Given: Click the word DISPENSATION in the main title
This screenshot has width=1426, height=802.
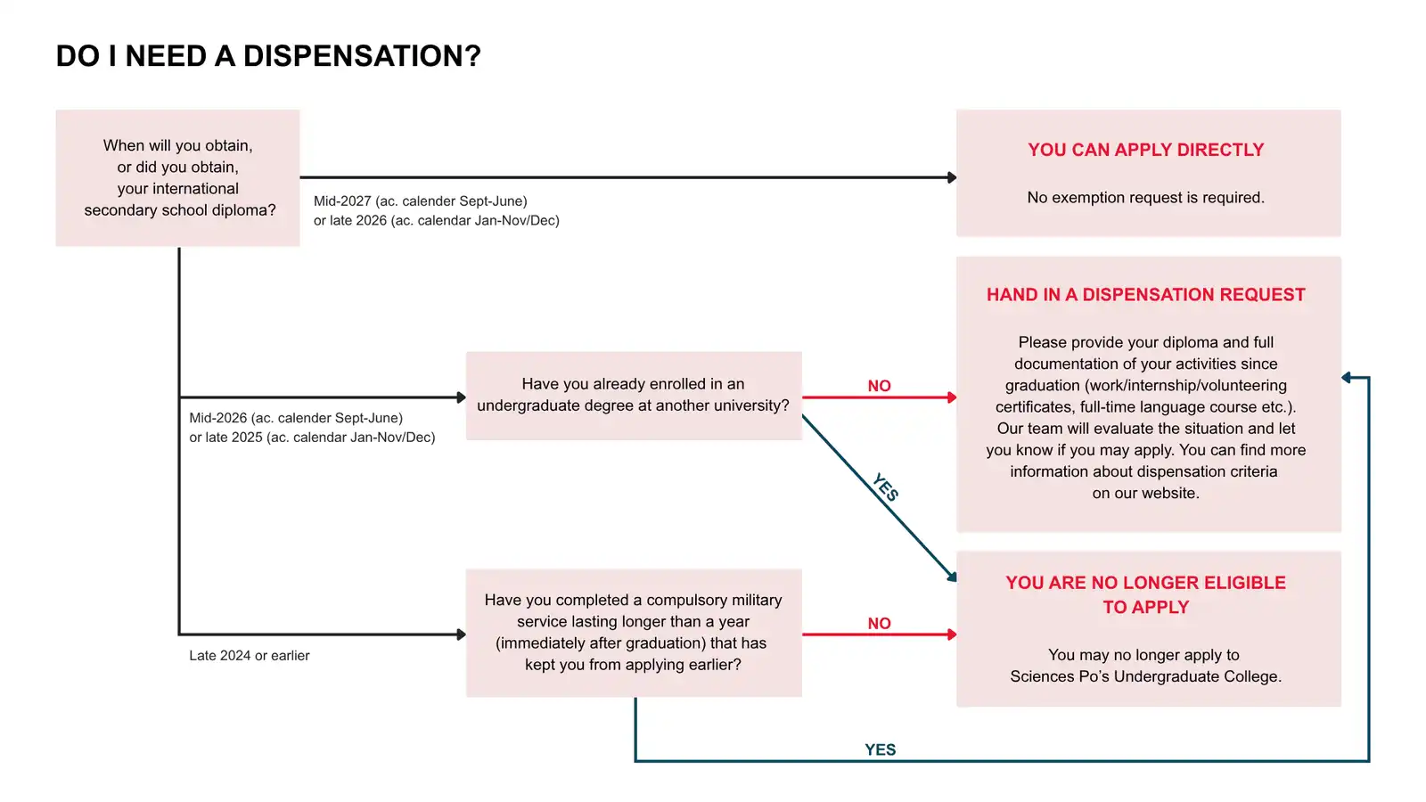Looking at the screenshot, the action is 362,56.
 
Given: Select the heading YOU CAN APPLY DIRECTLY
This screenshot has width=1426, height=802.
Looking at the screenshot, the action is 1146,151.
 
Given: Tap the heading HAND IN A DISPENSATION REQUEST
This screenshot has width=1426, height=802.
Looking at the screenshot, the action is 1146,295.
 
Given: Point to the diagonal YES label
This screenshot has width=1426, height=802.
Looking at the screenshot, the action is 886,487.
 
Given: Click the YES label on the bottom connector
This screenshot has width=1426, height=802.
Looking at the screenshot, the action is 880,749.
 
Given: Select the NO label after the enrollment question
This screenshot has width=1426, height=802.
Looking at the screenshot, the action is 879,386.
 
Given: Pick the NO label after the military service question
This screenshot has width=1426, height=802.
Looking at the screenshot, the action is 879,623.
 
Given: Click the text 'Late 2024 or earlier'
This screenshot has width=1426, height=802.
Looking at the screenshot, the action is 249,656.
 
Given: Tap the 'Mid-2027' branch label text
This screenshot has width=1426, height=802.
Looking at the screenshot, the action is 436,210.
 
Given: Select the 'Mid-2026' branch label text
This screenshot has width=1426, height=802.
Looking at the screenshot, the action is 312,428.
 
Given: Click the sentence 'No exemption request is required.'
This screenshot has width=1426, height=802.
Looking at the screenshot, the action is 1146,197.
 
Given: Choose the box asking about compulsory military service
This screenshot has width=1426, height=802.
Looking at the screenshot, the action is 634,633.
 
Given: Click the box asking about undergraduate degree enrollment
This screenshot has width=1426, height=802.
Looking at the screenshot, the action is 634,396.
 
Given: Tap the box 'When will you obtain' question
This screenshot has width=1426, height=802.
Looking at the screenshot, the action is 177,177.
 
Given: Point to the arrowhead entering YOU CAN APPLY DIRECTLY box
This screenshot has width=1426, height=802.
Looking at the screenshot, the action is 952,177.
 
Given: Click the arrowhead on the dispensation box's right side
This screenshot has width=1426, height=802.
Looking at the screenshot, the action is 1347,378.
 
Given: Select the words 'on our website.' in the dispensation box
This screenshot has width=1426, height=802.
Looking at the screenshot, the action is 1146,494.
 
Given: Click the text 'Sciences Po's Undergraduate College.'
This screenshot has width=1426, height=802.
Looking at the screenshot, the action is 1146,676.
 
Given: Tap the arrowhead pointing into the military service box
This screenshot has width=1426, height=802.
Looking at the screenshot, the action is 462,634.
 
